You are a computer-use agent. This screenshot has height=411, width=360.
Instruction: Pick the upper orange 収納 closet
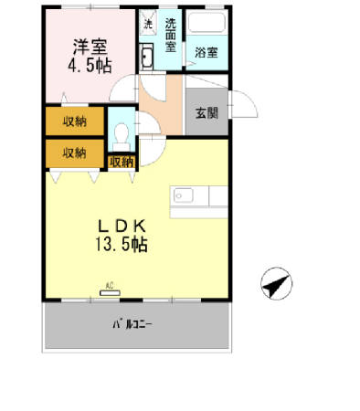(74, 121)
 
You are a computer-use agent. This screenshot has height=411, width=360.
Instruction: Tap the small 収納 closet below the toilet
(121, 162)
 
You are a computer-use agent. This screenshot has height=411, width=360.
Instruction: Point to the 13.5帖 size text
(117, 244)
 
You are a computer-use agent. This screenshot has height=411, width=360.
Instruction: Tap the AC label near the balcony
(111, 284)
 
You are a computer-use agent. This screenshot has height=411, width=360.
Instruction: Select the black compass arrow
(274, 284)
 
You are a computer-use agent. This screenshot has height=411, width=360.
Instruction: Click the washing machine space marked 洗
(147, 22)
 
